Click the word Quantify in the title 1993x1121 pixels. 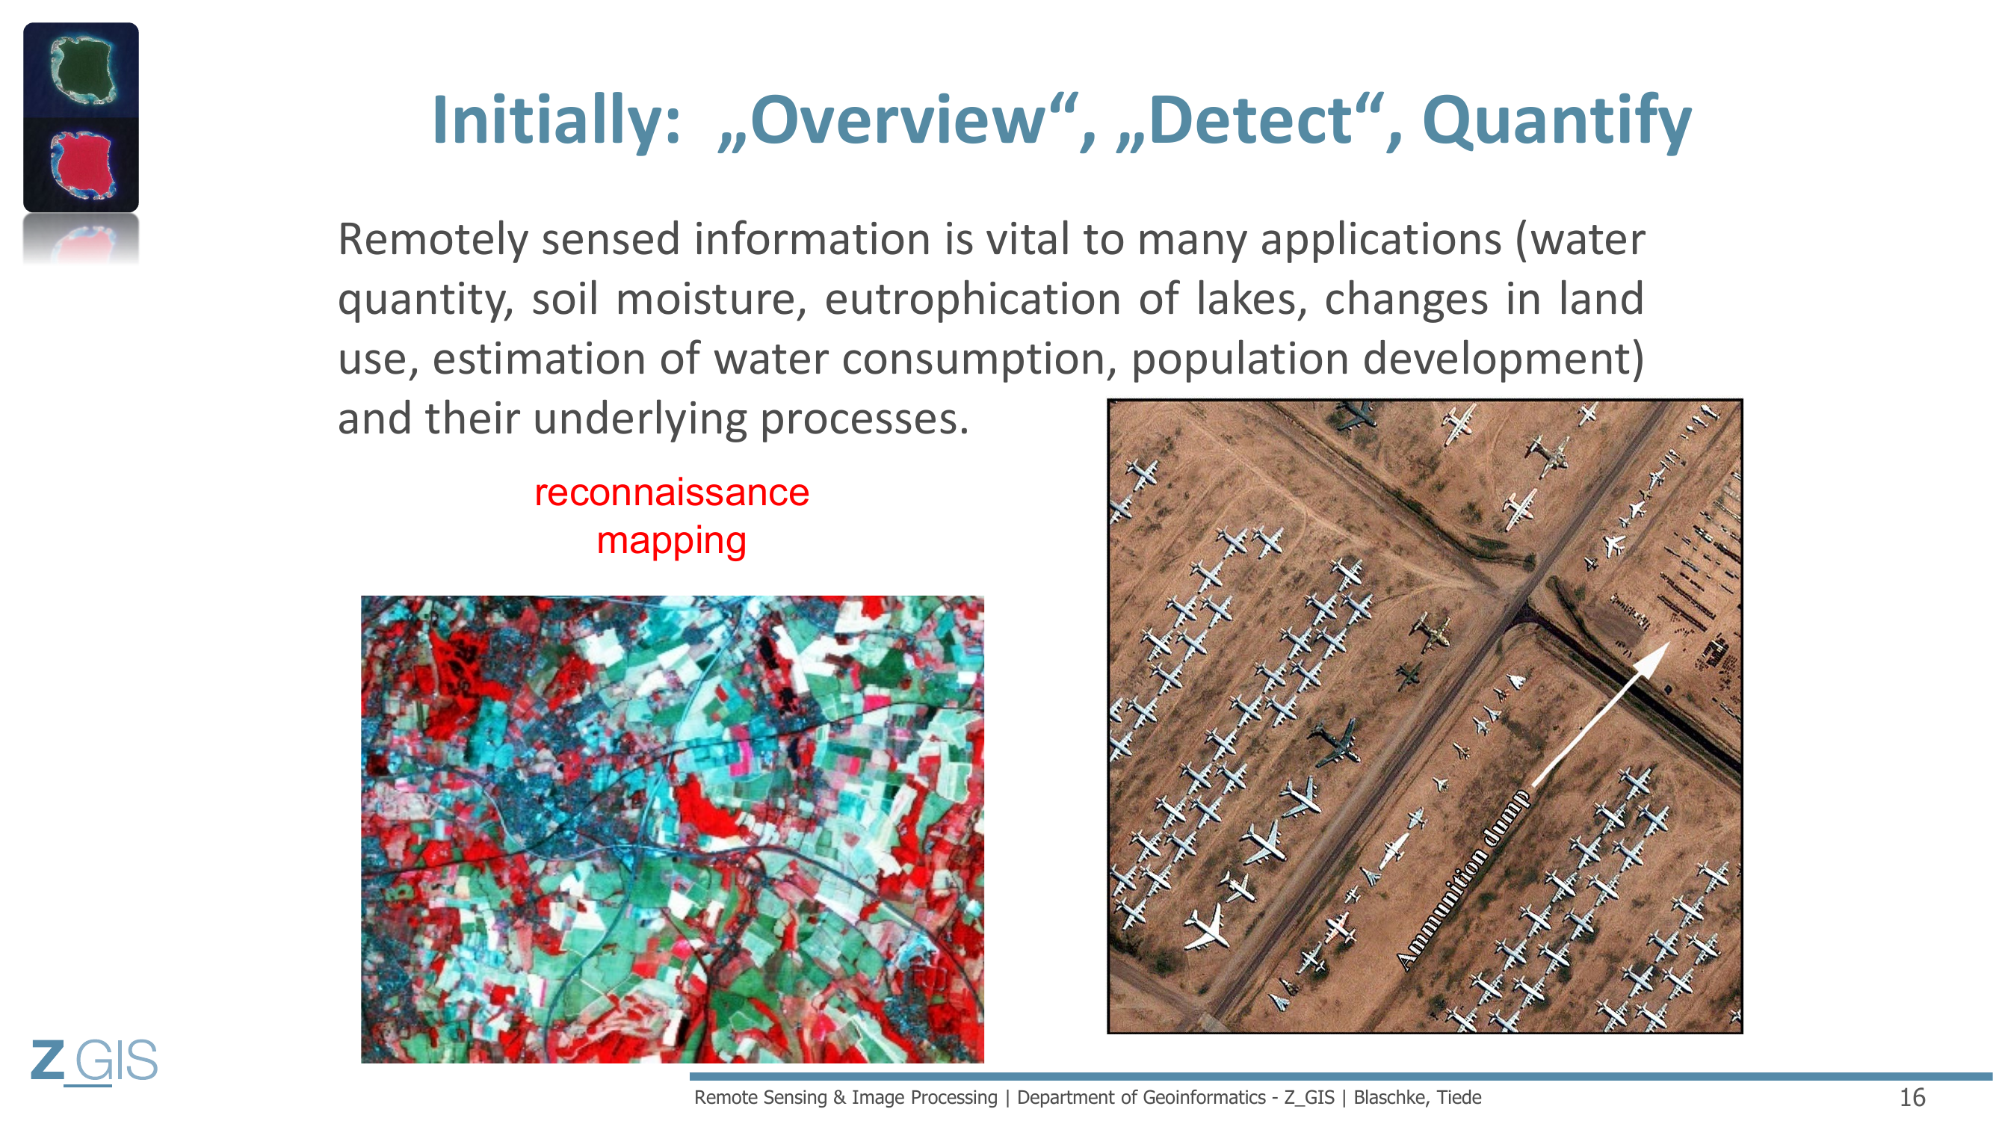point(1557,123)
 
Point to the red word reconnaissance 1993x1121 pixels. point(672,492)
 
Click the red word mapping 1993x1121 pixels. point(672,541)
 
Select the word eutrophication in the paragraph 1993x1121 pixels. point(972,300)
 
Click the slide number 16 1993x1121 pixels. point(1912,1097)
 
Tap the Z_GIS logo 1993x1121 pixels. point(94,1061)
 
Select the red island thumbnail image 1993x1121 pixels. point(81,164)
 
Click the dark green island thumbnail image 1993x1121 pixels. point(81,70)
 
